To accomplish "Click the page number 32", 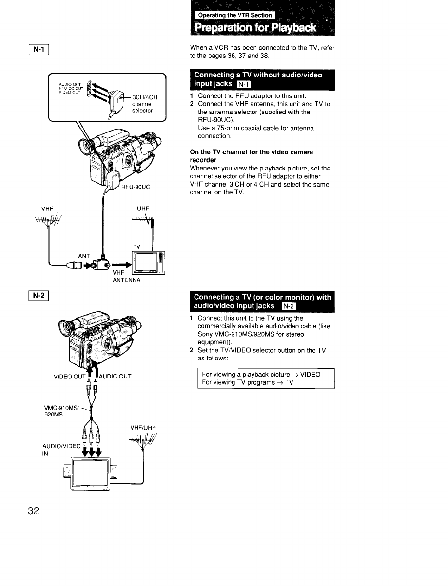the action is [x=34, y=510].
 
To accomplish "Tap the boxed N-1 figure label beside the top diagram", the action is [x=39, y=49].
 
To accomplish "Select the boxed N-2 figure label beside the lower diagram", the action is [x=39, y=296].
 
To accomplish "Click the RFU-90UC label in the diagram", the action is [x=136, y=187].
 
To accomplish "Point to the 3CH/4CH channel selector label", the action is [x=144, y=104].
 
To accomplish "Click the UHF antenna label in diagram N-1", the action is [x=143, y=208].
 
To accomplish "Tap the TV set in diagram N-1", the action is [x=149, y=263].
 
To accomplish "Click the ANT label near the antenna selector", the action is [x=84, y=256].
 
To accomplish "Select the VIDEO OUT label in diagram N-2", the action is [x=69, y=377].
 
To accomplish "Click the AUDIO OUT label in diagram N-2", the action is [x=115, y=377].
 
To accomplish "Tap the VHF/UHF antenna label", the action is [x=143, y=428].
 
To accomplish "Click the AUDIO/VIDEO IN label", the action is [x=61, y=450].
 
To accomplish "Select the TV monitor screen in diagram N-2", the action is [x=90, y=473].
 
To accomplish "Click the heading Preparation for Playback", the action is [x=255, y=27].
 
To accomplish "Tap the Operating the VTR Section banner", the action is [x=235, y=15].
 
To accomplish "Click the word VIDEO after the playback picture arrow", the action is [x=310, y=374].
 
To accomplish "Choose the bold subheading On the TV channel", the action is [x=252, y=156].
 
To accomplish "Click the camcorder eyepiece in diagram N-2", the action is [x=66, y=326].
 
